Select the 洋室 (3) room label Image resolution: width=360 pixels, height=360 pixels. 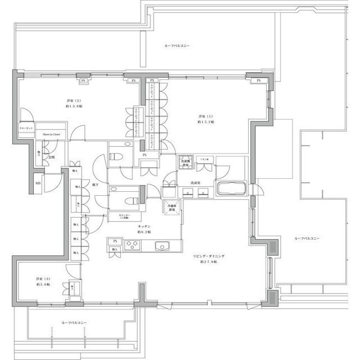click(x=40, y=281)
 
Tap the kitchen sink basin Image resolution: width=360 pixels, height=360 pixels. click(x=161, y=245)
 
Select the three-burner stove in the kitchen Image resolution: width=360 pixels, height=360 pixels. click(x=133, y=245)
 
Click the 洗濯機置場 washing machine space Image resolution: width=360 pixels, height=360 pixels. click(x=185, y=163)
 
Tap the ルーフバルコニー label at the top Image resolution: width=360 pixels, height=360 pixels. click(x=177, y=45)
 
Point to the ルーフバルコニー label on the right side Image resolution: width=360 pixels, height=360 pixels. click(x=307, y=238)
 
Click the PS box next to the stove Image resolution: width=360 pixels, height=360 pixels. click(x=115, y=241)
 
